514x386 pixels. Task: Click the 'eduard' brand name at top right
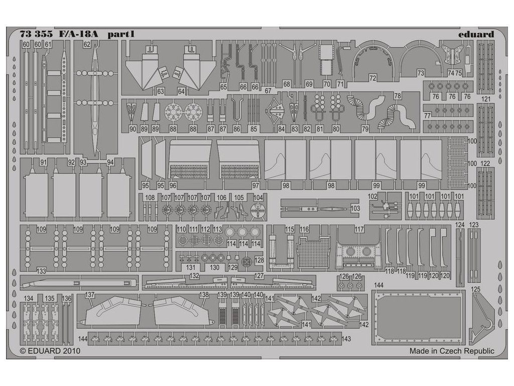tap(475, 34)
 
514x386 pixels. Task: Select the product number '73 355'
tap(38, 34)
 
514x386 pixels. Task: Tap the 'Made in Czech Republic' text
tap(452, 351)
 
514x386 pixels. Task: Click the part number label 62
tap(87, 45)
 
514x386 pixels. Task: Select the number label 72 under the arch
tap(372, 78)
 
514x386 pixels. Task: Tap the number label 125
tap(476, 289)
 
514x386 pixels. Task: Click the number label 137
tap(90, 295)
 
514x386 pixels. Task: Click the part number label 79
tap(365, 129)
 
